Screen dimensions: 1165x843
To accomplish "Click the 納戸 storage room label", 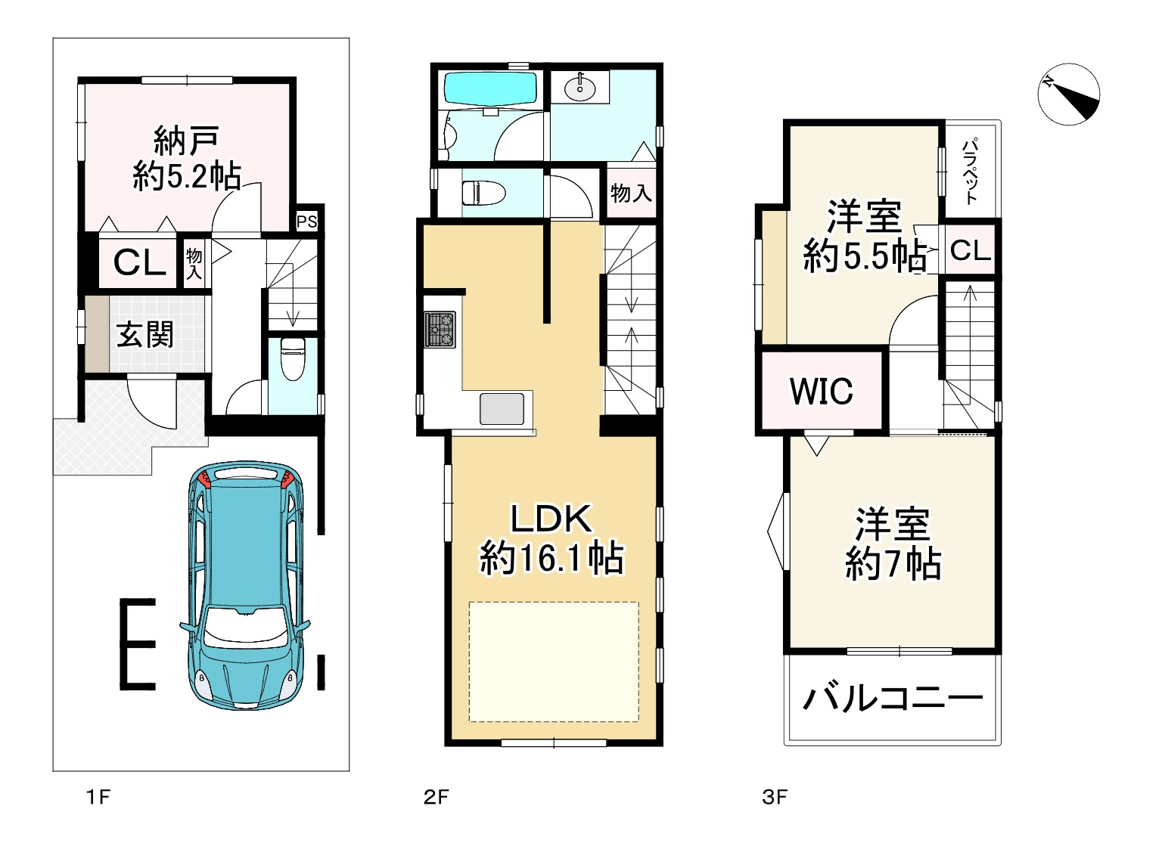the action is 185,141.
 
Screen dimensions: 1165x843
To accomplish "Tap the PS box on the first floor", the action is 307,222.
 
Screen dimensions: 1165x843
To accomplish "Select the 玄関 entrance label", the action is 144,335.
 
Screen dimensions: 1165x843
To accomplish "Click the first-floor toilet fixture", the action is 293,358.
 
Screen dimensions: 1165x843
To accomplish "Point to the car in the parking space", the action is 245,586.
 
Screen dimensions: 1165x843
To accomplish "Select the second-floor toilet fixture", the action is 483,193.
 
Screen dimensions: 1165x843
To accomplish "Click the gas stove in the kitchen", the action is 440,330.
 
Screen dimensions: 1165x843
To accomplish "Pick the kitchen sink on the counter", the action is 502,409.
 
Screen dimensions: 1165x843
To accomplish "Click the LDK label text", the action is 551,518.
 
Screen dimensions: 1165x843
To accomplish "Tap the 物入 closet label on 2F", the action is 631,193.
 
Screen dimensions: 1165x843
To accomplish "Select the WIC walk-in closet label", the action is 822,391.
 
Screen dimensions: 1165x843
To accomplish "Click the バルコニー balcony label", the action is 893,699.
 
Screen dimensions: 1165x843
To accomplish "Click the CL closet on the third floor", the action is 971,250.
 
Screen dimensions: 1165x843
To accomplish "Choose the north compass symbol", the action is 1069,94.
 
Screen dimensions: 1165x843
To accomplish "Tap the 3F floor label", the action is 775,797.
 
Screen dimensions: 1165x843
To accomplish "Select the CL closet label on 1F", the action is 139,262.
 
